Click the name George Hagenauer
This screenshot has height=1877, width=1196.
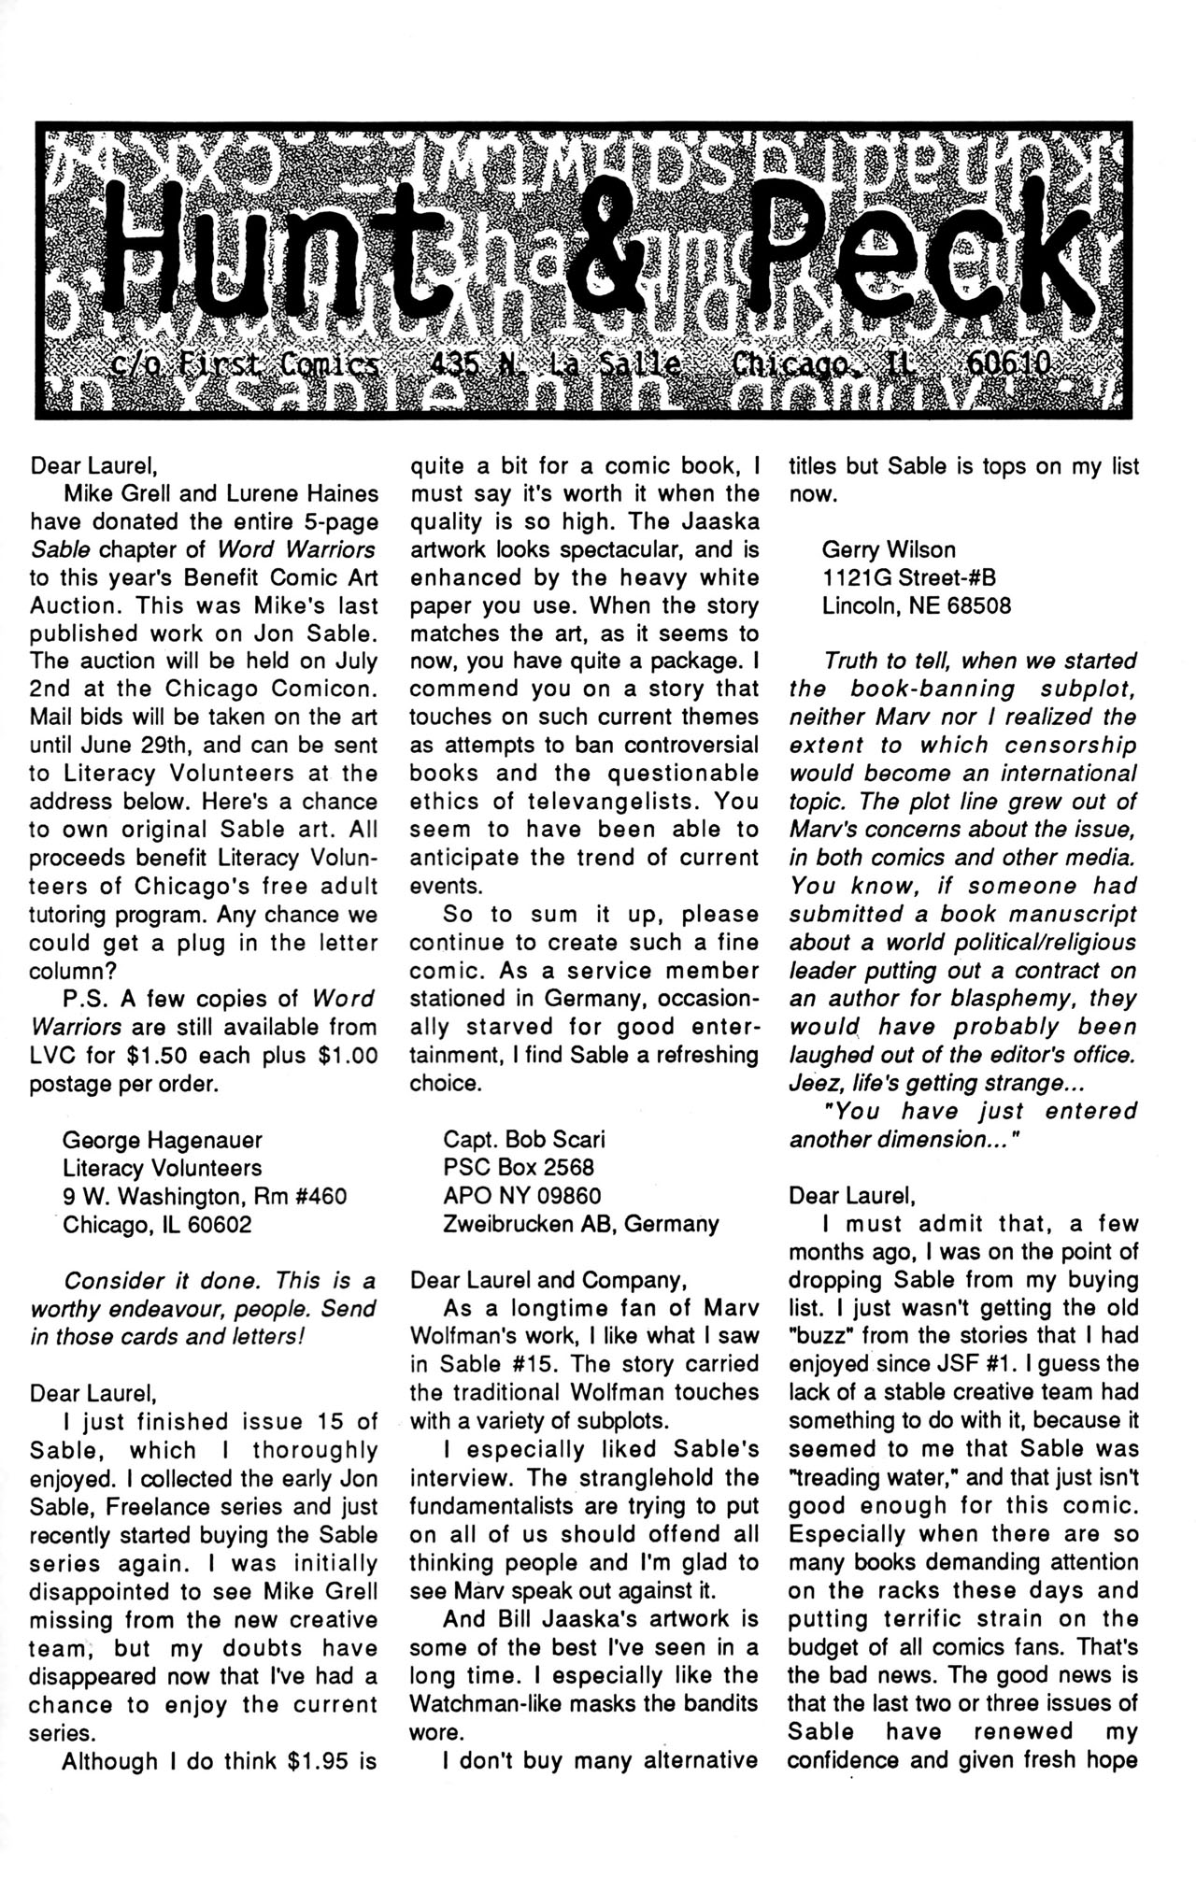tap(163, 1140)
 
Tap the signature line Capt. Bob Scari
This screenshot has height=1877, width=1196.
tap(524, 1140)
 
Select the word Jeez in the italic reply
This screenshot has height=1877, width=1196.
tap(816, 1083)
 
